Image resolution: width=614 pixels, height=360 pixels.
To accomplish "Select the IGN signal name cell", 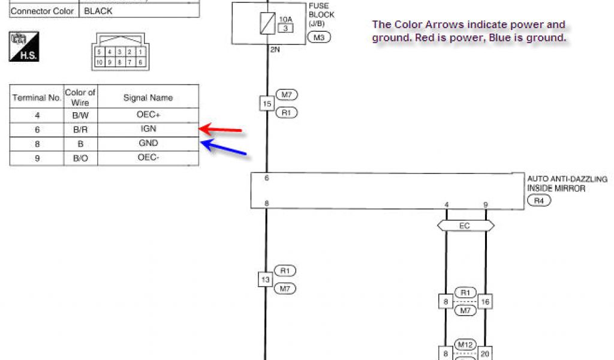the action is [x=148, y=129].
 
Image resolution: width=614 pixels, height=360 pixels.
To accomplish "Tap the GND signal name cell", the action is [x=148, y=143].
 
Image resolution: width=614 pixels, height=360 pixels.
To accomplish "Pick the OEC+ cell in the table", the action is [x=148, y=115].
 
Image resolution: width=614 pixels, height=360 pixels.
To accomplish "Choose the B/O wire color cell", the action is [x=80, y=158].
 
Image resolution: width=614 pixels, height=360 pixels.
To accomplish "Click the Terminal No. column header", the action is [x=37, y=97].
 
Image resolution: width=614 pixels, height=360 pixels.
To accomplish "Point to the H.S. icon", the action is [x=23, y=47].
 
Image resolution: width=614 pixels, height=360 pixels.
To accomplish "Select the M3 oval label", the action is [x=318, y=38].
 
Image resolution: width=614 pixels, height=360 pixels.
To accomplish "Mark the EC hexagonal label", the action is [x=465, y=226].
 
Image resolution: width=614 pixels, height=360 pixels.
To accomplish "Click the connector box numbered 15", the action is [x=266, y=103].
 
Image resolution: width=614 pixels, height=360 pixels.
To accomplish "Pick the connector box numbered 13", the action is [x=266, y=280].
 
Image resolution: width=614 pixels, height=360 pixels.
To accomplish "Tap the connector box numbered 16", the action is [x=485, y=301].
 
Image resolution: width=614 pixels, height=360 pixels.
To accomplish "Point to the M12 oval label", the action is [x=465, y=345].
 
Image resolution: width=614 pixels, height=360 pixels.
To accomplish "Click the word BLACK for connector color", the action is [x=98, y=11].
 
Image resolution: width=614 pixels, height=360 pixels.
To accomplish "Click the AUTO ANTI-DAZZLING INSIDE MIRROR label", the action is [x=567, y=184].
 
